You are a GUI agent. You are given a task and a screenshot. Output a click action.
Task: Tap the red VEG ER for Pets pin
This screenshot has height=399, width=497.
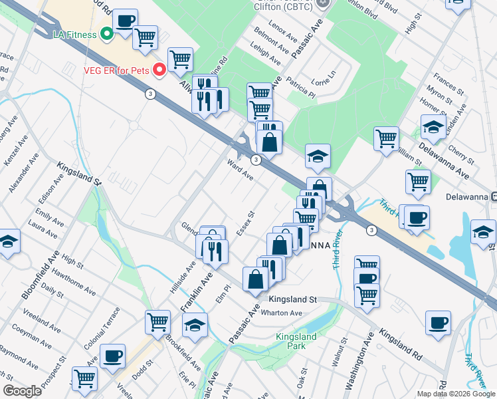click(159, 69)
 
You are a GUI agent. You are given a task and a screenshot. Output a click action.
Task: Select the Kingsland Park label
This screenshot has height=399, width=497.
click(296, 342)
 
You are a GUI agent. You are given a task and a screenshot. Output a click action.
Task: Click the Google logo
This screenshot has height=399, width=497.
click(23, 390)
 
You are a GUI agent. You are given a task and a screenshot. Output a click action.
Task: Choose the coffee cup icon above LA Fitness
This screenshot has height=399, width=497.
click(126, 22)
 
